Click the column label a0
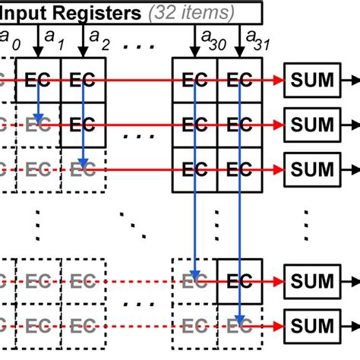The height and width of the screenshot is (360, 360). (x=6, y=36)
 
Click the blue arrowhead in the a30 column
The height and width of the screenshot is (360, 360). (x=196, y=276)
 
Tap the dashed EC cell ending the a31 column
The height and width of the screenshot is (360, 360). (x=240, y=324)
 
